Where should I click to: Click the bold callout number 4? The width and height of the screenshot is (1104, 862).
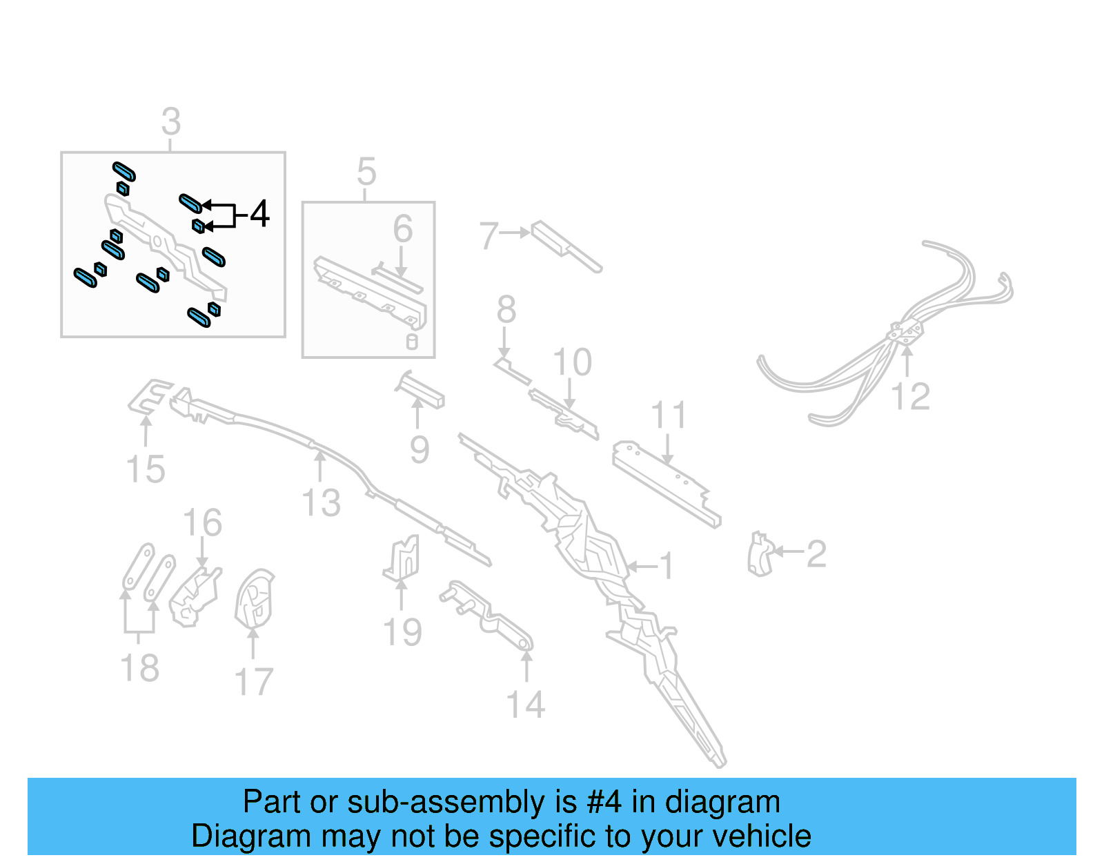tap(259, 214)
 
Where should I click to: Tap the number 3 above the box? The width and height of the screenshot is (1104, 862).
tap(171, 122)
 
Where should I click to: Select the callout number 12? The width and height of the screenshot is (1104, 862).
tap(910, 397)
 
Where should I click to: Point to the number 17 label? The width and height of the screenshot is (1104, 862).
tap(254, 683)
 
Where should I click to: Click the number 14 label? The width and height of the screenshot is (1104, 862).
tap(525, 705)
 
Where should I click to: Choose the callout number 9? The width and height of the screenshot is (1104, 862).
tap(420, 450)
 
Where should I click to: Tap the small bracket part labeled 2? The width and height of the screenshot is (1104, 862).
tap(759, 554)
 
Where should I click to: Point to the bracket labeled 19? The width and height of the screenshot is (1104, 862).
tap(403, 558)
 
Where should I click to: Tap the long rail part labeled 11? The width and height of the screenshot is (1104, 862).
tap(666, 482)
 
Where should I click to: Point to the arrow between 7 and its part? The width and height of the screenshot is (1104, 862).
tap(514, 233)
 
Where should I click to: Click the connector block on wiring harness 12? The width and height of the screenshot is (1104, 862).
tap(905, 332)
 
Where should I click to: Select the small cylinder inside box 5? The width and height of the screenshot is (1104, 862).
tap(412, 342)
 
